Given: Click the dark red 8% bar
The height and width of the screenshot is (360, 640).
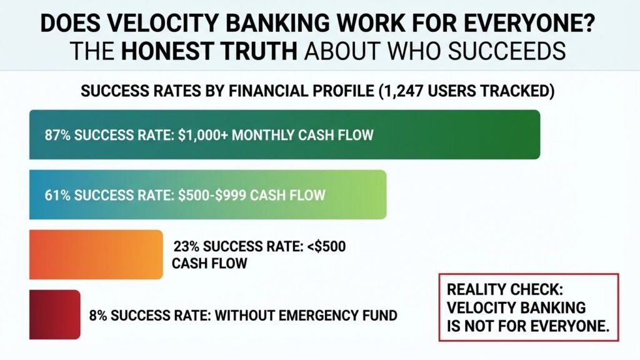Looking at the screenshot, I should point(54,314).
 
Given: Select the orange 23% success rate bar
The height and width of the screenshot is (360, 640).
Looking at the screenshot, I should point(96,254).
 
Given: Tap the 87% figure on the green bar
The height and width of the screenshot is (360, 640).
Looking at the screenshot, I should point(56,135).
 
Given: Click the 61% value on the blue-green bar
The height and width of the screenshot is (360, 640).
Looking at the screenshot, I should point(56,195).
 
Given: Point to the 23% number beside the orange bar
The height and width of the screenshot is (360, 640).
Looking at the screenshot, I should point(186,246).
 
